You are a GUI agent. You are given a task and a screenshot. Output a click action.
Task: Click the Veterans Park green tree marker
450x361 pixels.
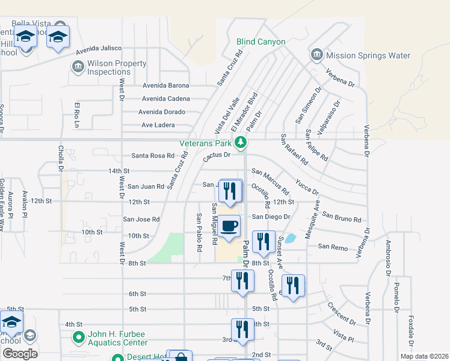[241, 143]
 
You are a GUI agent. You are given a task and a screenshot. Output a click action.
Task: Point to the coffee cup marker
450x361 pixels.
[229, 226]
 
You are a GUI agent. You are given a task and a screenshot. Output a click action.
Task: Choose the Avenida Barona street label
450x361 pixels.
[165, 85]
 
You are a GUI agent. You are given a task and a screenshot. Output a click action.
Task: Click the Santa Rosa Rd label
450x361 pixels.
[153, 156]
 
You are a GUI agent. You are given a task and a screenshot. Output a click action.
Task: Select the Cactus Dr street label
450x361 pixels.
[217, 155]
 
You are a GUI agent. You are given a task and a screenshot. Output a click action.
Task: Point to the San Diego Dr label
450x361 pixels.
[271, 217]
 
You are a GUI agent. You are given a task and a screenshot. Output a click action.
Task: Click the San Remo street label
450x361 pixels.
[333, 247]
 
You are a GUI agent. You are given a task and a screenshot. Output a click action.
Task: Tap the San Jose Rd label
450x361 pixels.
[141, 220]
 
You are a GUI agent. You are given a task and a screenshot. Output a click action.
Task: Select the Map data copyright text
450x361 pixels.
[424, 356]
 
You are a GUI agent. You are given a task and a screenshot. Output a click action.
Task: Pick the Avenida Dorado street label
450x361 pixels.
[162, 112]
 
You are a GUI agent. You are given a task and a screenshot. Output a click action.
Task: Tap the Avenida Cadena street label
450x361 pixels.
[165, 99]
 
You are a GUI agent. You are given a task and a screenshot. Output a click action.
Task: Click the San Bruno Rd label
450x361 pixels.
[341, 217]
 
